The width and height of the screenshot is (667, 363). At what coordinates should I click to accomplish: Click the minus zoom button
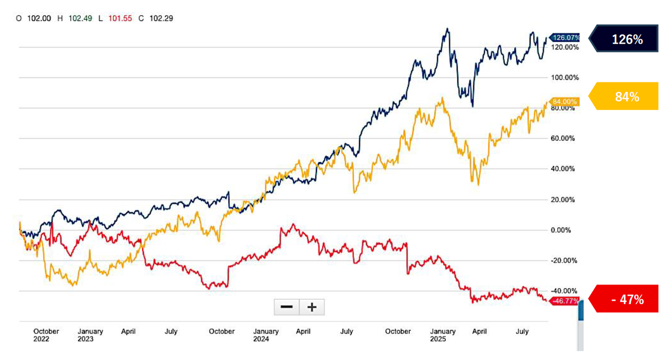pyautogui.click(x=287, y=307)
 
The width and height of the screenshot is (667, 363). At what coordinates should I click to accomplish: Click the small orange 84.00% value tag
pyautogui.click(x=565, y=102)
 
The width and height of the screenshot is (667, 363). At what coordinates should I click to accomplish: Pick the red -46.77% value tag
pyautogui.click(x=565, y=301)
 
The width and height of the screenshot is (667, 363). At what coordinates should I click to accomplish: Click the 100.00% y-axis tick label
pyautogui.click(x=564, y=78)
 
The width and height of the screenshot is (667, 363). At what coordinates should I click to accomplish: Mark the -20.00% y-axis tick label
pyautogui.click(x=564, y=260)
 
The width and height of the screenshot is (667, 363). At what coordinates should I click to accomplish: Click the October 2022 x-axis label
pyautogui.click(x=46, y=335)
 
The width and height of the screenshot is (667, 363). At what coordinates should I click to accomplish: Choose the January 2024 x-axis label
pyautogui.click(x=266, y=335)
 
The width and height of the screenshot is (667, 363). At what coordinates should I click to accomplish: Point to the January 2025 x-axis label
pyautogui.click(x=443, y=335)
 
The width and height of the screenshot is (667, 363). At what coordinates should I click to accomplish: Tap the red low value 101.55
pyautogui.click(x=120, y=18)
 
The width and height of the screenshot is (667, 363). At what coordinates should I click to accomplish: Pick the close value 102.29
pyautogui.click(x=161, y=18)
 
